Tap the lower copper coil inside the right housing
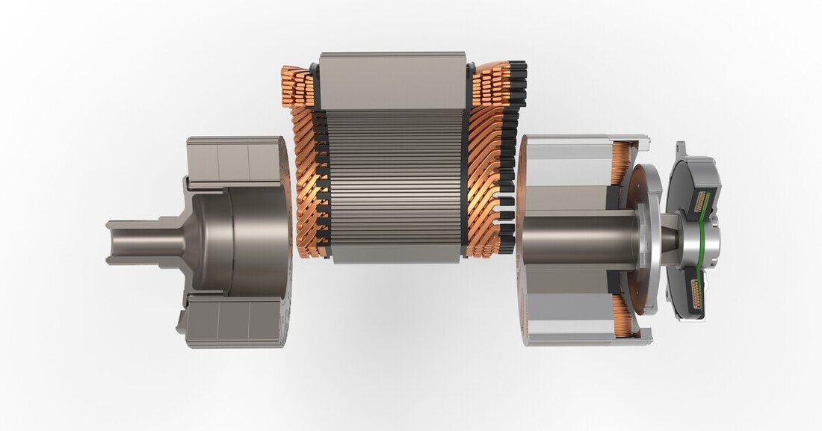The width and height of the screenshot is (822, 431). coord(621,314)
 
